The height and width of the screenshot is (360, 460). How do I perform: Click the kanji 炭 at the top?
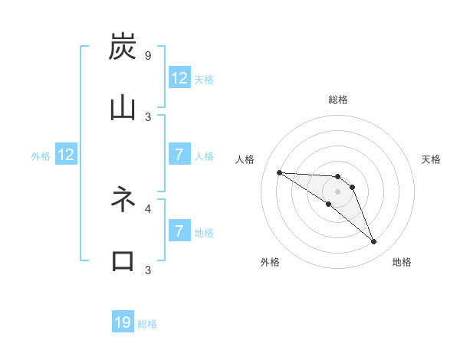(x=123, y=47)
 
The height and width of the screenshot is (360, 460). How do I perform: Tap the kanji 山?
(x=123, y=108)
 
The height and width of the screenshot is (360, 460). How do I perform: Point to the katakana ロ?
(x=123, y=260)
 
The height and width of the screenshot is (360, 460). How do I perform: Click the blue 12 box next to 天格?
(x=179, y=78)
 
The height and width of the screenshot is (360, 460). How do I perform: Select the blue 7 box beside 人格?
(x=179, y=155)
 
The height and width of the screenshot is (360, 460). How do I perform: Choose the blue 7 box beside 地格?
(x=179, y=231)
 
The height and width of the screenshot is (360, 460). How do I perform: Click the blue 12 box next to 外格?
(x=66, y=155)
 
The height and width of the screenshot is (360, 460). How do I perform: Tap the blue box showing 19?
(x=123, y=322)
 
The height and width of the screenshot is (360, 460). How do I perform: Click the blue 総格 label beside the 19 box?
(x=147, y=324)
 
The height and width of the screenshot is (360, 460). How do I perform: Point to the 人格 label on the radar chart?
(x=245, y=159)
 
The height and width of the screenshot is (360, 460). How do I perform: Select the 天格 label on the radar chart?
(x=431, y=159)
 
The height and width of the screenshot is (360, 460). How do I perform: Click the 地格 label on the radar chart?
(x=402, y=262)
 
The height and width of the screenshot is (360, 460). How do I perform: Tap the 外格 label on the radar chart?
(x=270, y=262)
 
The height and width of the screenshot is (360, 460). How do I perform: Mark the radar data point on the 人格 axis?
(x=279, y=172)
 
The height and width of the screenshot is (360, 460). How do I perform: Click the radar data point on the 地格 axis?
(x=374, y=242)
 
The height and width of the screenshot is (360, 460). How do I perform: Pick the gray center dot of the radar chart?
(x=337, y=191)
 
